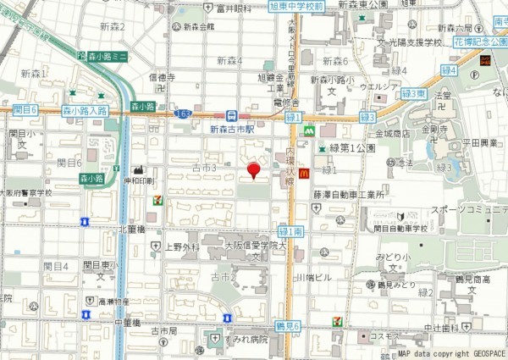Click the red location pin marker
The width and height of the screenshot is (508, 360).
point(252,171)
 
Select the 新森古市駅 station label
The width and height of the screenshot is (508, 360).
point(231,130)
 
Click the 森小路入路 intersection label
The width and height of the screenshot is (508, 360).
point(85,110)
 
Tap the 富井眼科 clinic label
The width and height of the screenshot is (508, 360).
point(234,8)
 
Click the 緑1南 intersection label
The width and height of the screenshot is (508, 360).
point(290,230)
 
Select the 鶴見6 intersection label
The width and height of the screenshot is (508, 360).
point(288,325)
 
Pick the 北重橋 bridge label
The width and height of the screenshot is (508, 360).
point(134,229)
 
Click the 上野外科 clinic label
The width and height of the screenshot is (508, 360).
point(181,247)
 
